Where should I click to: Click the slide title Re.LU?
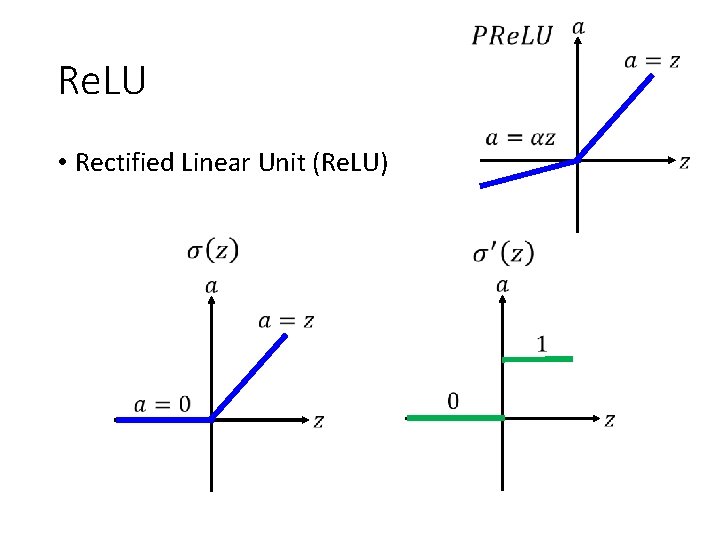click(x=102, y=81)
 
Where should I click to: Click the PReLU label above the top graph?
click(x=512, y=37)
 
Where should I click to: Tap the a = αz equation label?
click(x=520, y=138)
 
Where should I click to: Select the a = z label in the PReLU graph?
click(x=652, y=61)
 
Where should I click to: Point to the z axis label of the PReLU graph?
click(x=685, y=162)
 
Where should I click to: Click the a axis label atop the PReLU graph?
click(x=579, y=27)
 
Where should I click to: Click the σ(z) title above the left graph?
click(x=213, y=249)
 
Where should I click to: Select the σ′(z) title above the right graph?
click(x=504, y=252)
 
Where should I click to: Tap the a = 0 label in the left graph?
click(x=162, y=404)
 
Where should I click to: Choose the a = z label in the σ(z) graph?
click(x=286, y=321)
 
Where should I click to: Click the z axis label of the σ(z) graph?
click(x=318, y=422)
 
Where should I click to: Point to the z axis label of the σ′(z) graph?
click(x=609, y=420)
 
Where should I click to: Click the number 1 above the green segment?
click(x=542, y=344)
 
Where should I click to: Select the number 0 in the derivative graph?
click(x=453, y=401)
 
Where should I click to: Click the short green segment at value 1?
click(x=538, y=358)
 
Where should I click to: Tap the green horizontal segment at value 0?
click(x=455, y=417)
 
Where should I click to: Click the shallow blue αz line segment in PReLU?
click(x=528, y=173)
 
